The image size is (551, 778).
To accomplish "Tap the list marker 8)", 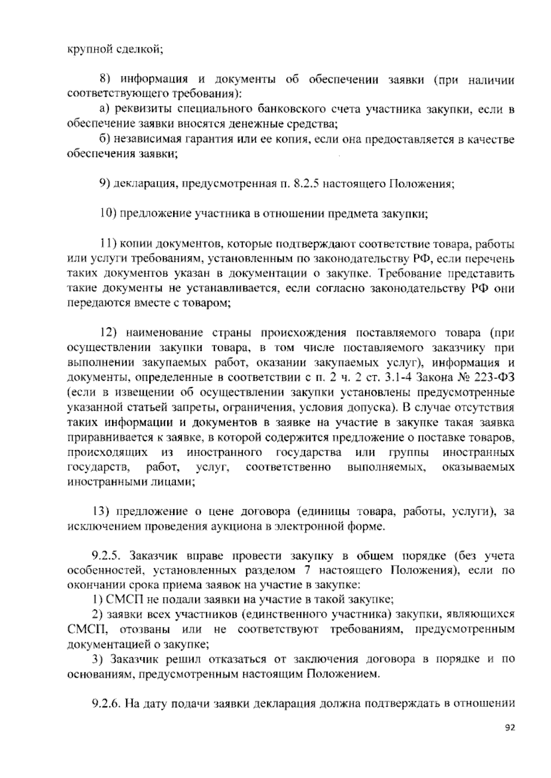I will click(x=107, y=80).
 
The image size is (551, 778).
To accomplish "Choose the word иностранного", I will click(x=225, y=452).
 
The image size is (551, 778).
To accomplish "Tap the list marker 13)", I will click(x=99, y=511).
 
